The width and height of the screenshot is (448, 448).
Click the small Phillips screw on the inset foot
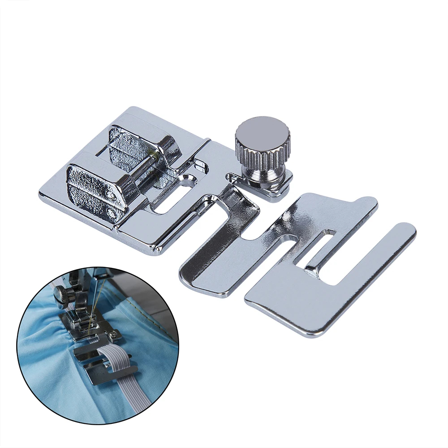[115, 333]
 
